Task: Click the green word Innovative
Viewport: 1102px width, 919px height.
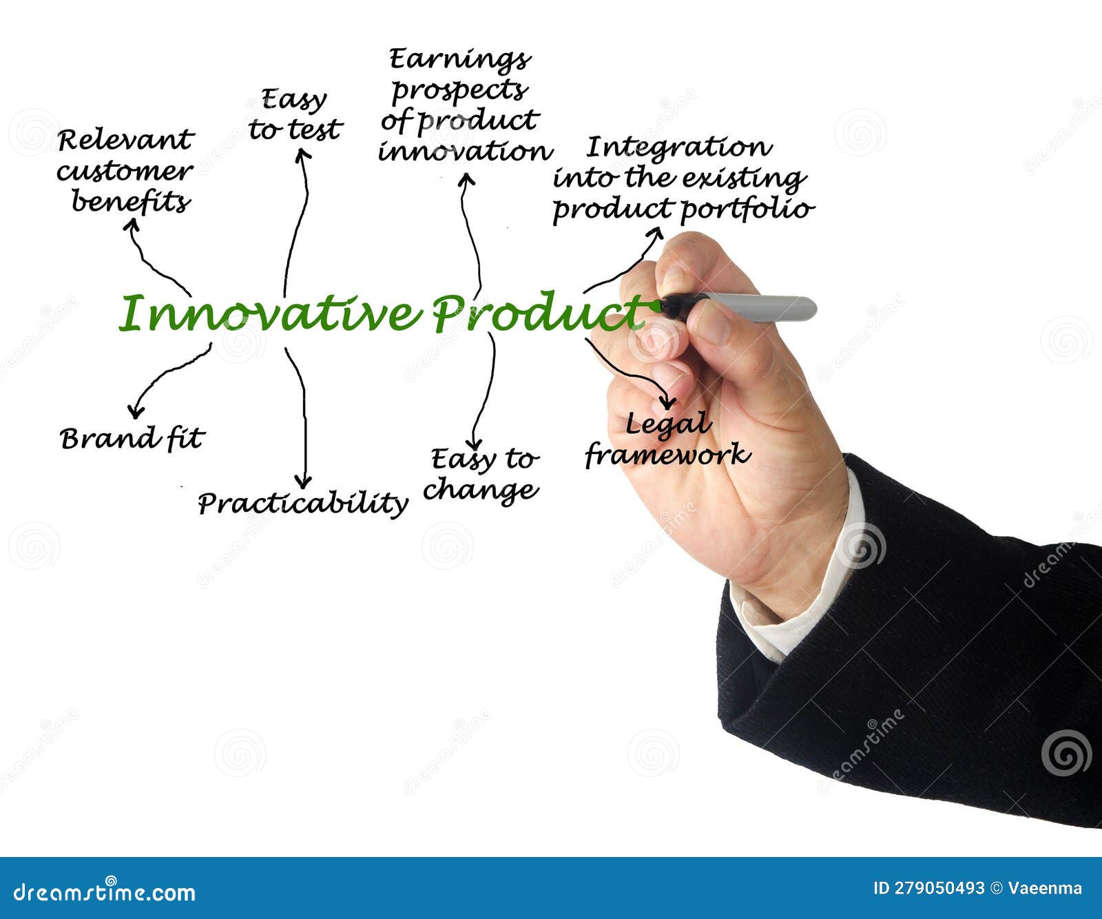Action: point(269,314)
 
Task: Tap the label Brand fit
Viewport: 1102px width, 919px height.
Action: point(132,439)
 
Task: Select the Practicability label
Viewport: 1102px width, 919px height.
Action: point(302,503)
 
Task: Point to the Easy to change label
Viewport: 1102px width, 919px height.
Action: point(481,474)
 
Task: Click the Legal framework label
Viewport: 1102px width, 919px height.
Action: point(667,440)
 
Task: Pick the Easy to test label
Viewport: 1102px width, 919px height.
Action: point(295,115)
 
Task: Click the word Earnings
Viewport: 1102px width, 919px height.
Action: point(459,60)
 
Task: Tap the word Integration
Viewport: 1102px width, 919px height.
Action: point(678,147)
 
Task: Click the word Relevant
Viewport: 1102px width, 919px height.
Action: point(126,141)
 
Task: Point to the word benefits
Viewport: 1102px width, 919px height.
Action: point(131,203)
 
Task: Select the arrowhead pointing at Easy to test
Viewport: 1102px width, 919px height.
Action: point(302,154)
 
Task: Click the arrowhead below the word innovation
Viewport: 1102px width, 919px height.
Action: point(466,178)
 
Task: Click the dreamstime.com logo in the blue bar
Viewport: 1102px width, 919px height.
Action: point(105,892)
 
